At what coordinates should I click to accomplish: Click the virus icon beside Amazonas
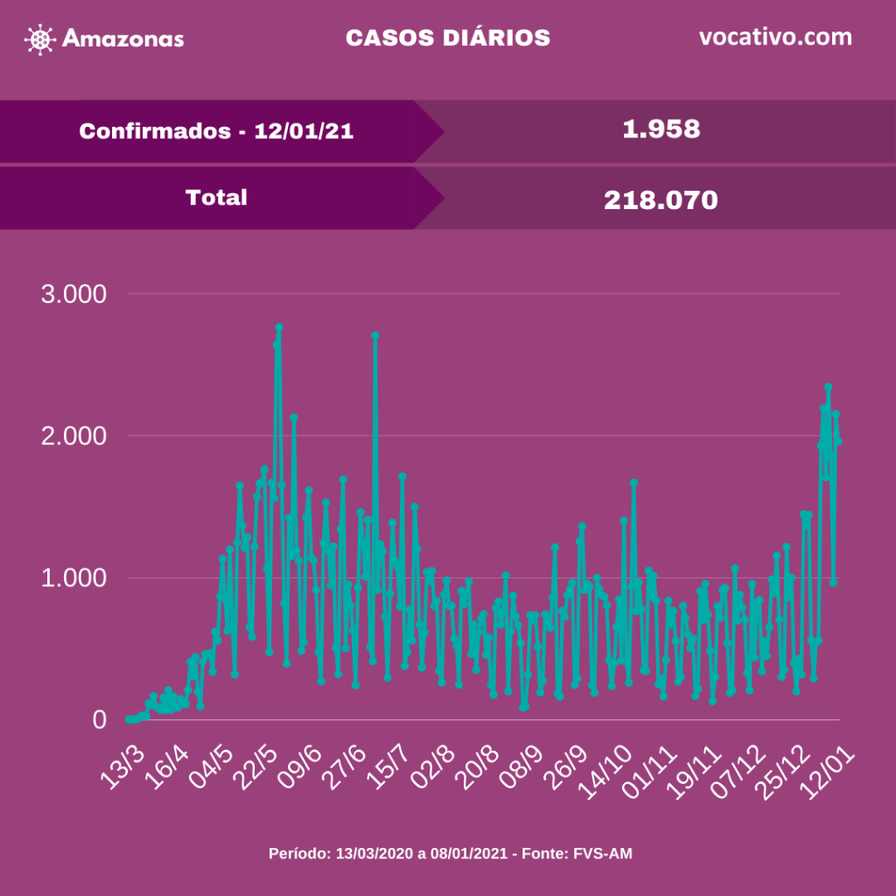[40, 39]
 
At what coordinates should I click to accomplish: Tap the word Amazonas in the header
[123, 39]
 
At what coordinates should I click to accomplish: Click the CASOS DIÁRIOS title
[448, 38]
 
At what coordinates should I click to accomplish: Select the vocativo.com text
[775, 38]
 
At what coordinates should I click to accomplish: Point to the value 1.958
[661, 129]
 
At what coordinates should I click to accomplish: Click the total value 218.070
[661, 200]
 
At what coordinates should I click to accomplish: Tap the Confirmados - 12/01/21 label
[216, 131]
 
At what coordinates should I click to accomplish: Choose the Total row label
[216, 198]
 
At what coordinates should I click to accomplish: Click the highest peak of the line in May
[279, 327]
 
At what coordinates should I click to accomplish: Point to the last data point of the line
[839, 442]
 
